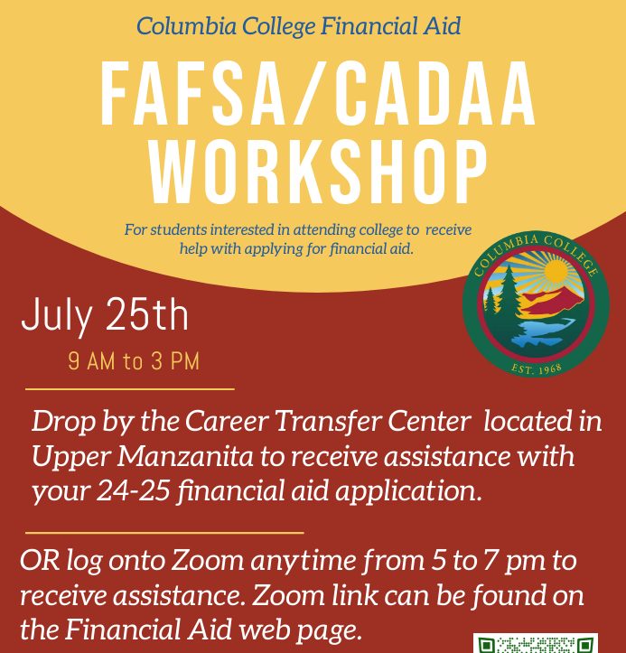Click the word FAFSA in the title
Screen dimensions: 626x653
coord(192,94)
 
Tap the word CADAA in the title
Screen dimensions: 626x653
coord(434,94)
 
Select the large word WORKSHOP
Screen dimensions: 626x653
coord(318,172)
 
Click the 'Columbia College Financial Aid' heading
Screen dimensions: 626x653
coord(299,26)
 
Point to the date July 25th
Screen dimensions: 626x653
coord(105,315)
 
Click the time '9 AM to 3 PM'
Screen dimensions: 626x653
coord(134,361)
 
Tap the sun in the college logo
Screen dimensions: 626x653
coord(556,271)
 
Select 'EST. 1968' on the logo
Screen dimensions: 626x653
coord(537,369)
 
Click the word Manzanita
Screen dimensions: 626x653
coord(185,456)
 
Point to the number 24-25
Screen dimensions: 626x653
coord(134,490)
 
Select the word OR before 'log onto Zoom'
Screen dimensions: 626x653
coord(40,561)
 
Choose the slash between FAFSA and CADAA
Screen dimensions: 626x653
coord(309,94)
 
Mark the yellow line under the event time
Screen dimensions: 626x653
coord(130,389)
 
